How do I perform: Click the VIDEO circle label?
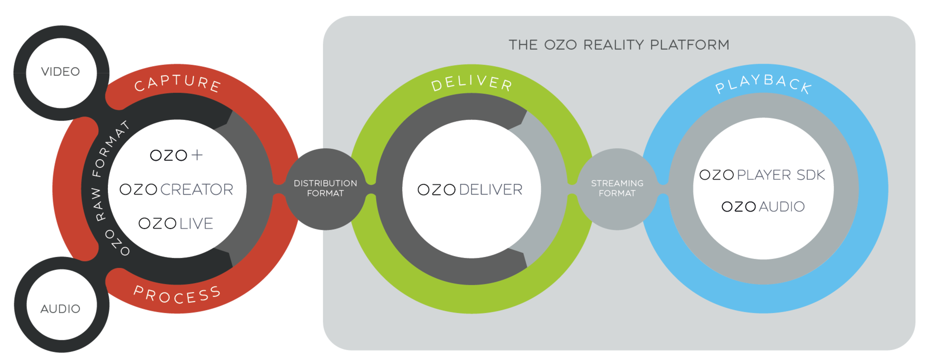61,72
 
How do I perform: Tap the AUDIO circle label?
61,309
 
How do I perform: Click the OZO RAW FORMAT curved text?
104,186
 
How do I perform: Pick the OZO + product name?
176,155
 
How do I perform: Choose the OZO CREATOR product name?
176,189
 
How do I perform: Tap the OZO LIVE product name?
176,224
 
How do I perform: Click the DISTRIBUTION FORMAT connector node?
325,188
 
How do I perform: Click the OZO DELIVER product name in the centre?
470,189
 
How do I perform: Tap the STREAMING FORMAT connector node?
617,188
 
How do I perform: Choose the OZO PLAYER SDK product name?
762,175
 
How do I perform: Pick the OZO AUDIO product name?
763,207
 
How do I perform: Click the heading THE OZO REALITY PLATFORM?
619,45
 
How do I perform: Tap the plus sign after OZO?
197,155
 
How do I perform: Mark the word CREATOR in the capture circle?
197,189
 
